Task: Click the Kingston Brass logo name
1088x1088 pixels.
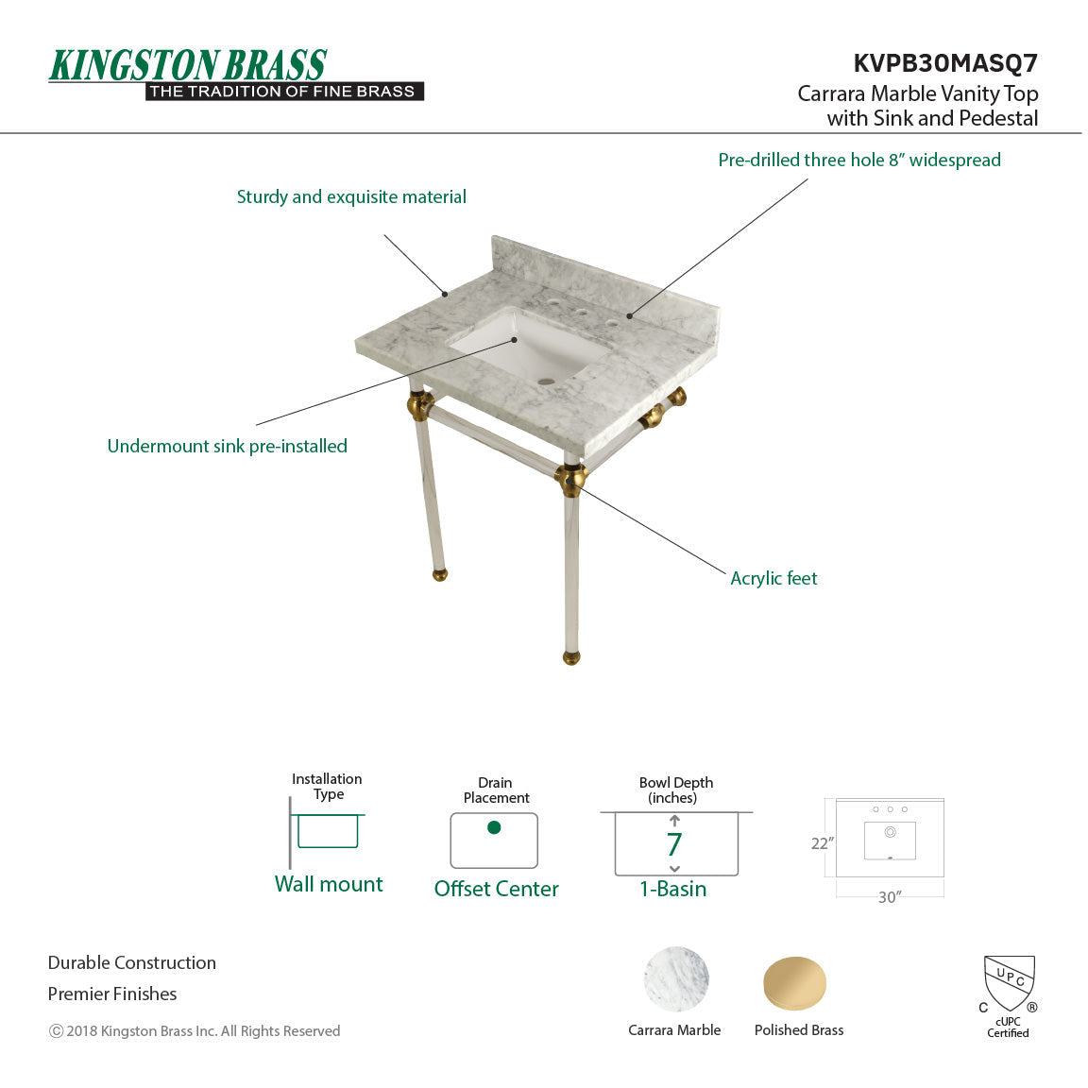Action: coord(188,65)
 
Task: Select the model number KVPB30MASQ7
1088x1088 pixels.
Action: coord(944,63)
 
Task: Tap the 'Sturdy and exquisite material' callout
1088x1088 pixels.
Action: coord(351,196)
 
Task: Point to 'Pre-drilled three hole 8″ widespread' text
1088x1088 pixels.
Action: coord(858,160)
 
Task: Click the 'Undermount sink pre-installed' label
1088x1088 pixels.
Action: coord(227,446)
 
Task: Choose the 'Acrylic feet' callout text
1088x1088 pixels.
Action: coord(773,578)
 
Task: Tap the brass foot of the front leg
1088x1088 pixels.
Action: coord(571,657)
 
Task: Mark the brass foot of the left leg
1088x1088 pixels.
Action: coord(440,573)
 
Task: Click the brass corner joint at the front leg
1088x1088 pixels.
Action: coord(570,479)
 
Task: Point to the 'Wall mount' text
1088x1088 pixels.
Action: coord(329,884)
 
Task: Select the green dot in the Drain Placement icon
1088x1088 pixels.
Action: coord(494,827)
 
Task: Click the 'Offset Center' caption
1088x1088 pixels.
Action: coord(496,889)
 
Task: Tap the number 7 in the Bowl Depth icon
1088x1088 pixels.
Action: coord(674,844)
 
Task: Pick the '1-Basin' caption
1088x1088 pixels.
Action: coord(672,889)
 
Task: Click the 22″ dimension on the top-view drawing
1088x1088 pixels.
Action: coord(822,843)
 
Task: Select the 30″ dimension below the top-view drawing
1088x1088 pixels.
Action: coord(890,897)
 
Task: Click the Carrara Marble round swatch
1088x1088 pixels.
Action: coord(676,979)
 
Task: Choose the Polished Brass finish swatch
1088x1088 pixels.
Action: coord(795,983)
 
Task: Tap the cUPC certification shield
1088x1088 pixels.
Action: coord(1009,982)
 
